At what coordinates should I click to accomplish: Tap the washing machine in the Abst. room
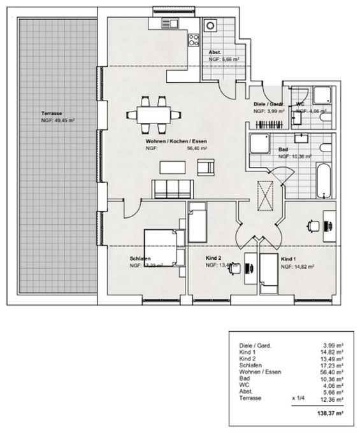click(x=211, y=28)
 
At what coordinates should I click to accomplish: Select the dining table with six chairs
click(x=153, y=115)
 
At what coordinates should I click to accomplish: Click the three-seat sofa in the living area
click(x=171, y=189)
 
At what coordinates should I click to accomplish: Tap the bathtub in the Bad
click(x=324, y=180)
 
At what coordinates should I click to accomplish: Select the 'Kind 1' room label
click(x=289, y=259)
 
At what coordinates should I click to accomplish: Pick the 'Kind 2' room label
click(x=213, y=259)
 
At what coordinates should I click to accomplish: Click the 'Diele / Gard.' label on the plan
click(x=266, y=104)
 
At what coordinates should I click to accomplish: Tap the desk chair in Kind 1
click(x=312, y=224)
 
